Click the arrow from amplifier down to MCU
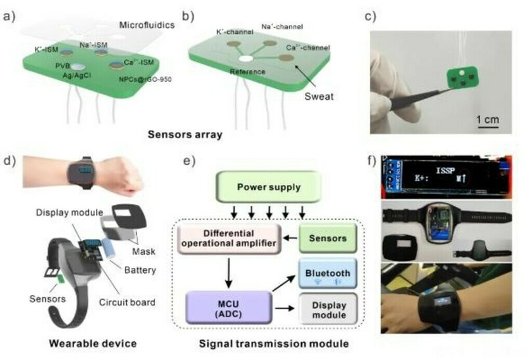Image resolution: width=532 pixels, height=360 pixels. coord(227,270)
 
